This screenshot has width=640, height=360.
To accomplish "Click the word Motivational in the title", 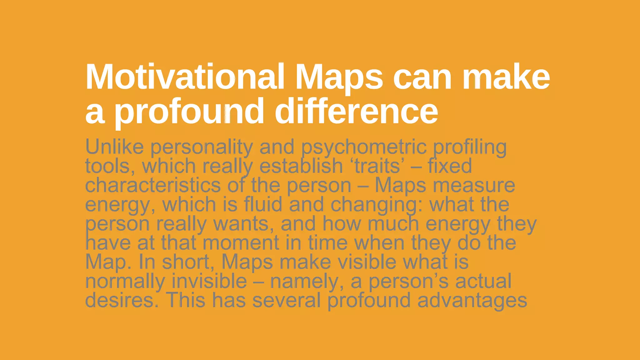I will coord(185,77).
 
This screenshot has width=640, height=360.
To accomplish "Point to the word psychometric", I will coord(364,147).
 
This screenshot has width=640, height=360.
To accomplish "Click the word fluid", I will coord(263,204).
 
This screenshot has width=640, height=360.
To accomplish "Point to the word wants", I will coord(243,224).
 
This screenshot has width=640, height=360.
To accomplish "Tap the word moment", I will coord(241,243).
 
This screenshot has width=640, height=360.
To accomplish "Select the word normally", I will coord(125,281).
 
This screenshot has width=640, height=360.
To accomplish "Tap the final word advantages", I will coord(472,301).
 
